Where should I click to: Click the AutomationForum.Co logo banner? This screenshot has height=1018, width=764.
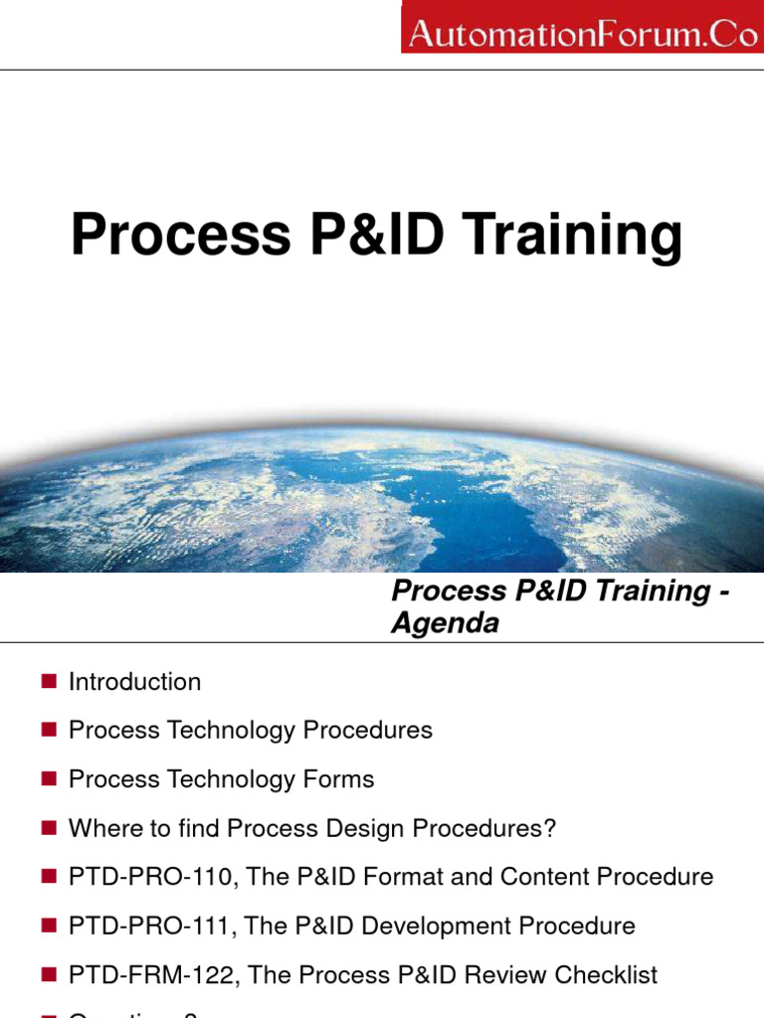(582, 27)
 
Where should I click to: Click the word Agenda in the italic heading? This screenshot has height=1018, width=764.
(445, 624)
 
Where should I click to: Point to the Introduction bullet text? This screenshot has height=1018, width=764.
(134, 682)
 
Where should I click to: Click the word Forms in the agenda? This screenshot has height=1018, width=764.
(340, 779)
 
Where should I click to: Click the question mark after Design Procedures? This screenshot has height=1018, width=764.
(549, 828)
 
